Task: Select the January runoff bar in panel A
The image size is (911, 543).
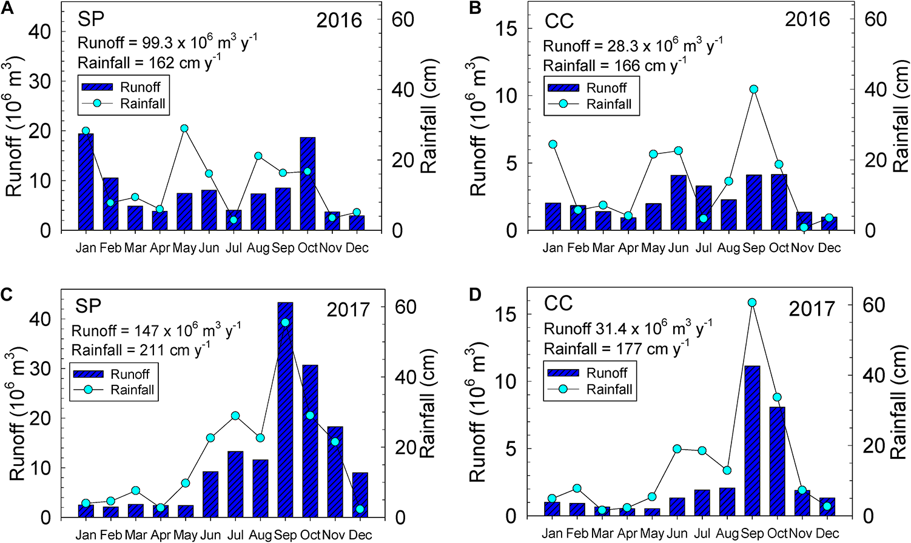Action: [86, 182]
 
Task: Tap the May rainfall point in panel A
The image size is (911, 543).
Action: [184, 128]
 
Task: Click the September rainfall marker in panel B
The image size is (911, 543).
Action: [754, 89]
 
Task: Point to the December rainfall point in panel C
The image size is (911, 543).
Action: [360, 509]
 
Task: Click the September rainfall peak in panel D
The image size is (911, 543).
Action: [753, 302]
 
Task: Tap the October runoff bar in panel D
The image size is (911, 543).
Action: [778, 461]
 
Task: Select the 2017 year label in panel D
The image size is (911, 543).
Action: [812, 308]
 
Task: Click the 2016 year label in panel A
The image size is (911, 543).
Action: [339, 20]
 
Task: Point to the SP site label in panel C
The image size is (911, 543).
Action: [88, 306]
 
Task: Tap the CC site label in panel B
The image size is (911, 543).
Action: [559, 21]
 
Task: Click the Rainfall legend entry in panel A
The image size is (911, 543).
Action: [143, 104]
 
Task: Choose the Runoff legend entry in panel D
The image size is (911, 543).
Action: [607, 373]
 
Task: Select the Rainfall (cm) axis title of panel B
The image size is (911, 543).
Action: [900, 115]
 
